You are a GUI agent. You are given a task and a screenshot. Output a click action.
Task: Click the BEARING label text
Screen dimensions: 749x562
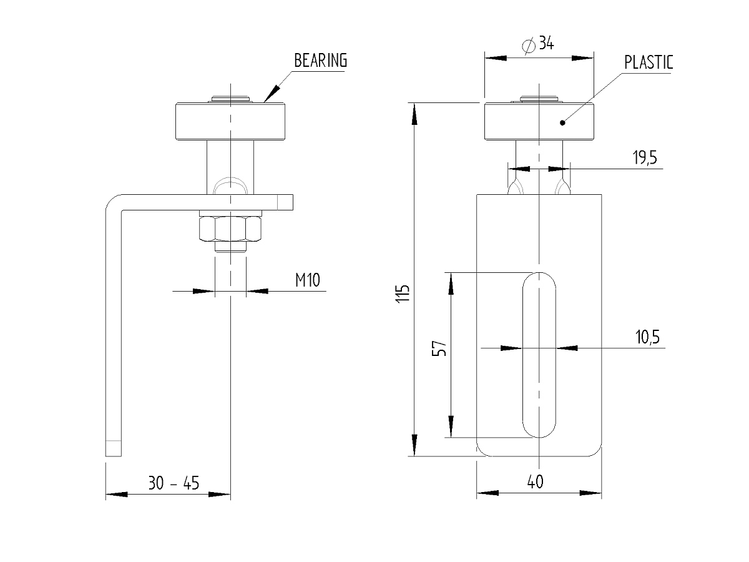[320, 61]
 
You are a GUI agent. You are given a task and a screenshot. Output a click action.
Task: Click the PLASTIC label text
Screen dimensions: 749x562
[649, 62]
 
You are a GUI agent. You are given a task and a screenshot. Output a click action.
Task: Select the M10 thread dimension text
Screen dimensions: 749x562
[308, 280]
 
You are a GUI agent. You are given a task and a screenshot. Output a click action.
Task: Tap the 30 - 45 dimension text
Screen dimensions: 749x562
[174, 483]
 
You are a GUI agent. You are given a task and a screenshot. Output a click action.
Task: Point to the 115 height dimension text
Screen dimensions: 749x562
[403, 293]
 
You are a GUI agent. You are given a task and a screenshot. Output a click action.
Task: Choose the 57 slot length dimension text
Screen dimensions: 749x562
[439, 348]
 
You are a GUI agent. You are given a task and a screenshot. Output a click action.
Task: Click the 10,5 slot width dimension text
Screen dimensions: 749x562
[647, 337]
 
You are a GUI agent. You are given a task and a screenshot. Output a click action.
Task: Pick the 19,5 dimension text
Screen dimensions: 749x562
[645, 157]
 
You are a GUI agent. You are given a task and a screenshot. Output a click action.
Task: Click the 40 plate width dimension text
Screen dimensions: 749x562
[535, 482]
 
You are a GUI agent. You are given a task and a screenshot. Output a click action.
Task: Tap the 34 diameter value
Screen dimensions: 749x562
[546, 43]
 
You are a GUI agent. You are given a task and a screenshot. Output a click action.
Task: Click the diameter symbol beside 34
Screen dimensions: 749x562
[529, 46]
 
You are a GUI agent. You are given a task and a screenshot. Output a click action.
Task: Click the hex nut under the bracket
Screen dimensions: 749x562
[230, 229]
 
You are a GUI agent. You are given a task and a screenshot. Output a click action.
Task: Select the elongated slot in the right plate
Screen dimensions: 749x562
[539, 355]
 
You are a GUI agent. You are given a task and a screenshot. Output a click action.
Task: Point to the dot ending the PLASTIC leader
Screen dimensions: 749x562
[562, 123]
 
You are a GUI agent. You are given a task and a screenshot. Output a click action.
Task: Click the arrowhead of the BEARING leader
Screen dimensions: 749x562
[272, 94]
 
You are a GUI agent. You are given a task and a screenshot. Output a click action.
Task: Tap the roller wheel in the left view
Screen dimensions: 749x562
[230, 121]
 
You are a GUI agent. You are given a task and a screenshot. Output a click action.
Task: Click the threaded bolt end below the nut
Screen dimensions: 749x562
[230, 247]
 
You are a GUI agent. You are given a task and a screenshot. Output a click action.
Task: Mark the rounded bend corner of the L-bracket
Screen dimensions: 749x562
[111, 201]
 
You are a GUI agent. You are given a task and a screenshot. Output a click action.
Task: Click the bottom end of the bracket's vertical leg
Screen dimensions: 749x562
[114, 456]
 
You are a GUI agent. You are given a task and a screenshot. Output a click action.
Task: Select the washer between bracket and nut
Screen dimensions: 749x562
[230, 214]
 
